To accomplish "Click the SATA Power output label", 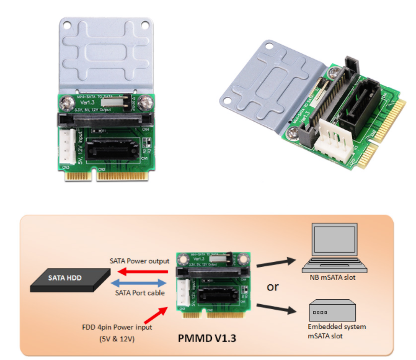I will coord(139,261).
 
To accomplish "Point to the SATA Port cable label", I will coord(137,293).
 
